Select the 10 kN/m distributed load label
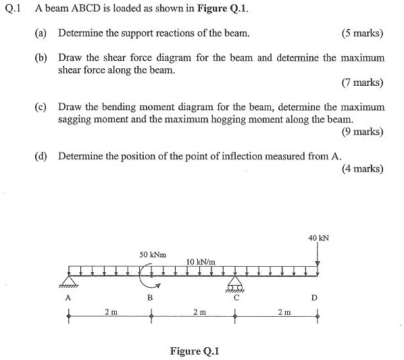(201, 261)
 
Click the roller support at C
(234, 284)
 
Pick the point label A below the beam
(68, 298)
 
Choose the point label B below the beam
(151, 298)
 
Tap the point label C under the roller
(235, 296)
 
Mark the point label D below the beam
(314, 298)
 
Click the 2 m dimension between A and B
(110, 311)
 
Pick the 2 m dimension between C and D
(284, 311)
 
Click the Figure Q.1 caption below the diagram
(195, 351)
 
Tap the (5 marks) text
(363, 33)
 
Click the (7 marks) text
(363, 83)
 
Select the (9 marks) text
(363, 132)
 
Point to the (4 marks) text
(363, 169)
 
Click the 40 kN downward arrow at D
(318, 255)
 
